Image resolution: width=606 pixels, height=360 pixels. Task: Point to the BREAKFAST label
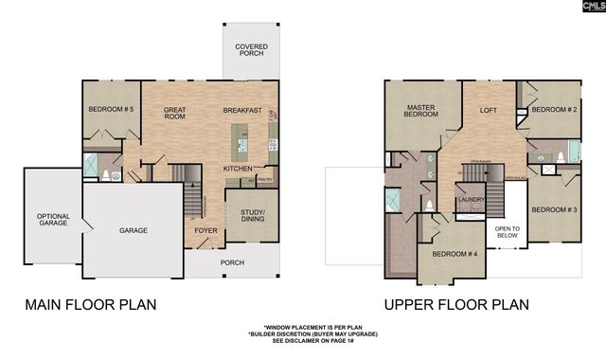click(242, 111)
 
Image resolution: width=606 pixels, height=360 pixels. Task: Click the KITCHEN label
click(238, 169)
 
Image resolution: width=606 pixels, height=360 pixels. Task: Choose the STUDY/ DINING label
click(253, 216)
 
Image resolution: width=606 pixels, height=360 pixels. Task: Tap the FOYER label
click(205, 230)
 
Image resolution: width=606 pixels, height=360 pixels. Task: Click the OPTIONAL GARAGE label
click(53, 222)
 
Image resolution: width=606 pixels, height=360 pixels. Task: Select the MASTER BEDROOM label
click(421, 112)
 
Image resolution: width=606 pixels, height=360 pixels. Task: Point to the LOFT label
click(489, 110)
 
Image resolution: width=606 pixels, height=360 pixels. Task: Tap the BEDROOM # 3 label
click(553, 208)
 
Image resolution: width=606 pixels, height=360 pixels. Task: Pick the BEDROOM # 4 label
click(454, 254)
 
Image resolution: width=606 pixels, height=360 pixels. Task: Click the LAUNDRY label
click(470, 200)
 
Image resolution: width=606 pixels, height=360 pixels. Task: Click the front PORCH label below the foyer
click(232, 262)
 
